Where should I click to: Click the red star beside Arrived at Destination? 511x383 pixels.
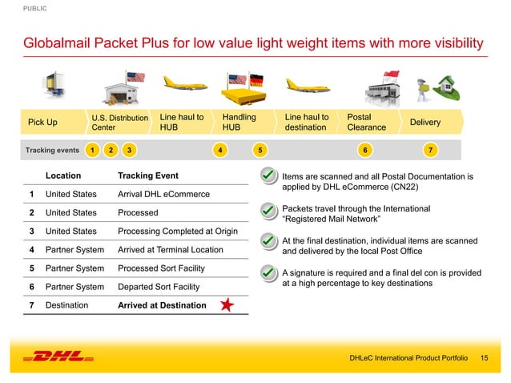coord(228,305)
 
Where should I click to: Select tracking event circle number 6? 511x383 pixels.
coord(365,149)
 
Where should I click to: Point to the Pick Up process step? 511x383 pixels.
coord(42,123)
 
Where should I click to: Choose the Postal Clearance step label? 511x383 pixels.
coord(367,122)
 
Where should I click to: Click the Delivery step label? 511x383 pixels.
coord(425,123)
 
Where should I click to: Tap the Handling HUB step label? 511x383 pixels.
coord(239,122)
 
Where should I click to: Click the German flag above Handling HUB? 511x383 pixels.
coord(255,81)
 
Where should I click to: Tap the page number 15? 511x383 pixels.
coord(484,357)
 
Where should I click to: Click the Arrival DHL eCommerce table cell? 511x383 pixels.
coord(163,194)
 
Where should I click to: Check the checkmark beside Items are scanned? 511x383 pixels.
coord(269,175)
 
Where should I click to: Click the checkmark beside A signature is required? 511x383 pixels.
coord(269,273)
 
